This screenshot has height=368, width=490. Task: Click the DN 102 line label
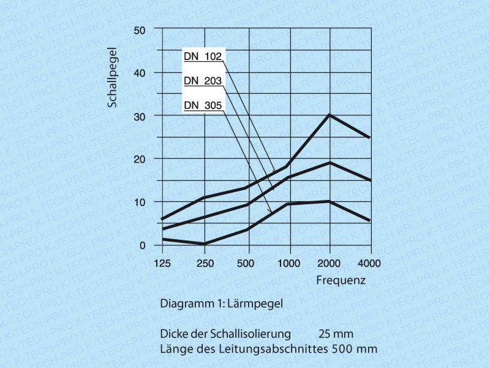pyautogui.click(x=203, y=56)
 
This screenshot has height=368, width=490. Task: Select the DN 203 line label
pyautogui.click(x=203, y=81)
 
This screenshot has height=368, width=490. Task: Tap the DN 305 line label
pyautogui.click(x=203, y=105)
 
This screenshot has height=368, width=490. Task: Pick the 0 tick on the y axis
pyautogui.click(x=142, y=245)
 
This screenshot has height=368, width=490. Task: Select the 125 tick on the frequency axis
pyautogui.click(x=162, y=263)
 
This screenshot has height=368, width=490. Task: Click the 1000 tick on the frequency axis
pyautogui.click(x=288, y=263)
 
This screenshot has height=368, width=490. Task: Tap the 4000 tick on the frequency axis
pyautogui.click(x=369, y=263)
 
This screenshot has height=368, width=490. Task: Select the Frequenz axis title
pyautogui.click(x=341, y=281)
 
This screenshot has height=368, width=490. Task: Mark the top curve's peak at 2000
pyautogui.click(x=330, y=115)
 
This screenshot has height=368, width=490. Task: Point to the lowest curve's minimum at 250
pyautogui.click(x=205, y=243)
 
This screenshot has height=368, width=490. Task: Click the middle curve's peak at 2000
pyautogui.click(x=330, y=163)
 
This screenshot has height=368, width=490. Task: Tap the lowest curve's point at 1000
pyautogui.click(x=288, y=204)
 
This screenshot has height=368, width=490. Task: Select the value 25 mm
pyautogui.click(x=336, y=334)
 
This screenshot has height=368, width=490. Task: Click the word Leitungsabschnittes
pyautogui.click(x=270, y=350)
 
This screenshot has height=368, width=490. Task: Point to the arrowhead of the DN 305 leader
pyautogui.click(x=270, y=212)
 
